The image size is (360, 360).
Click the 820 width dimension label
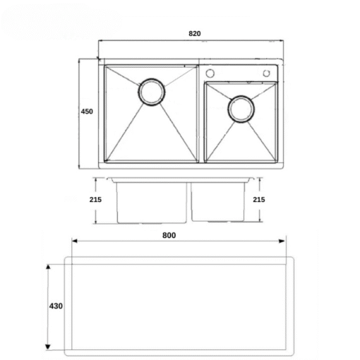tap(195, 33)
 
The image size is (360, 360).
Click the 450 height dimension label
tap(87, 112)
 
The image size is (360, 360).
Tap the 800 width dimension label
tap(169, 235)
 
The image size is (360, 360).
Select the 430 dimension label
tap(56, 306)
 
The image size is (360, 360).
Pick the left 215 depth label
tap(95, 200)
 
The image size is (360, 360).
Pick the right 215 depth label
tap(259, 200)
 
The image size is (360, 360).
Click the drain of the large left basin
tap(152, 92)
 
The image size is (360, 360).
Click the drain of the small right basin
tap(241, 109)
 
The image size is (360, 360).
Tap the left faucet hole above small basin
tap(210, 73)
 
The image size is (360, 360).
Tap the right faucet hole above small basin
tap(266, 73)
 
